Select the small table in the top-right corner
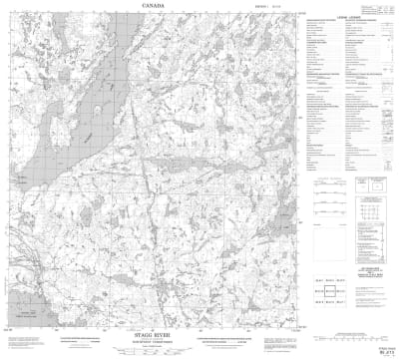[x=384, y=9]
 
